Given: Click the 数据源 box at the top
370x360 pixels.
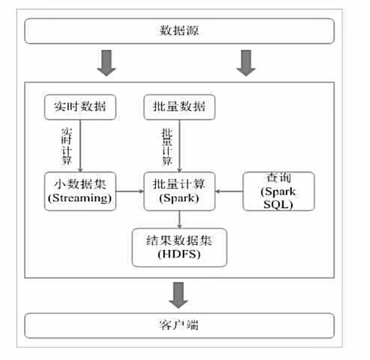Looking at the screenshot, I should coord(179,31).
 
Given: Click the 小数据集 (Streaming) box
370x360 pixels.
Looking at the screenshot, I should coord(79,191).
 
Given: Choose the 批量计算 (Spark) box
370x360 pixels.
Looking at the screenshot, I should coord(179,191).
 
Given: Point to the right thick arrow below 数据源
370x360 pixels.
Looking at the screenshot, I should coord(244,63).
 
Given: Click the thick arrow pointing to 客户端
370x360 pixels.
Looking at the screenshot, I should coord(179,294).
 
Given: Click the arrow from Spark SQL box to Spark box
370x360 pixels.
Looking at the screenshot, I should coord(229,192).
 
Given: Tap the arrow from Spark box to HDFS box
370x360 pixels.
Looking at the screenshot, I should coord(179,219).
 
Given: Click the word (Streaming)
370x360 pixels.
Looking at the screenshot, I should coord(79,199).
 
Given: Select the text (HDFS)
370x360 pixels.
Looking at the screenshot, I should coord(179,255).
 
